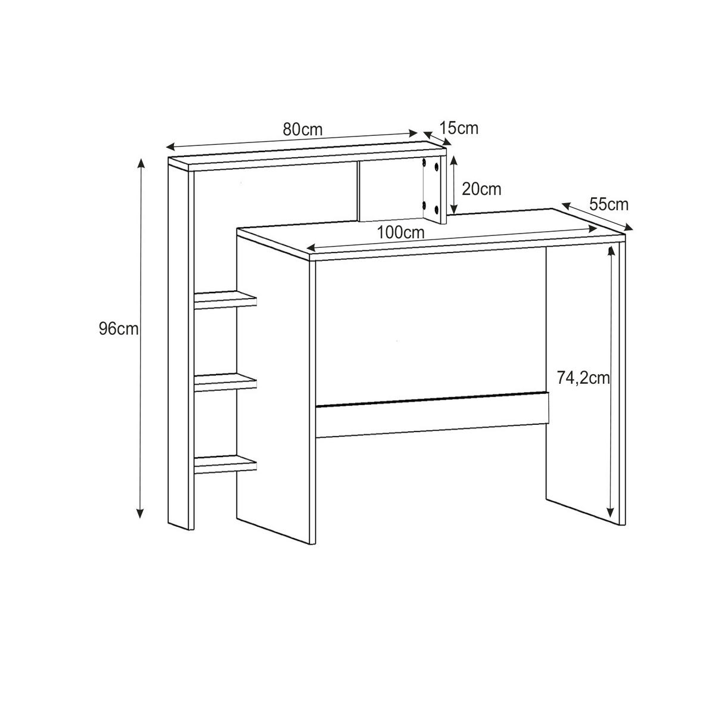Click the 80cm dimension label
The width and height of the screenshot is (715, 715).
pyautogui.click(x=302, y=129)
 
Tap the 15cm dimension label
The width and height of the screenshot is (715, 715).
pyautogui.click(x=459, y=128)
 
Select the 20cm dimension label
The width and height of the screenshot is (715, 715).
pyautogui.click(x=481, y=189)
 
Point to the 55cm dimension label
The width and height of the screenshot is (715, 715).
pyautogui.click(x=609, y=204)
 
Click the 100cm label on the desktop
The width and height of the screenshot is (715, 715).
pyautogui.click(x=401, y=233)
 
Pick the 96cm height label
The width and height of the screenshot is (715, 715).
pyautogui.click(x=119, y=328)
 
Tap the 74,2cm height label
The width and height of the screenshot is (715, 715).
pyautogui.click(x=583, y=378)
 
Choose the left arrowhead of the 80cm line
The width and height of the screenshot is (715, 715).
pyautogui.click(x=170, y=147)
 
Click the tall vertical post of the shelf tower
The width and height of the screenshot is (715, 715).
pyautogui.click(x=179, y=346)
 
